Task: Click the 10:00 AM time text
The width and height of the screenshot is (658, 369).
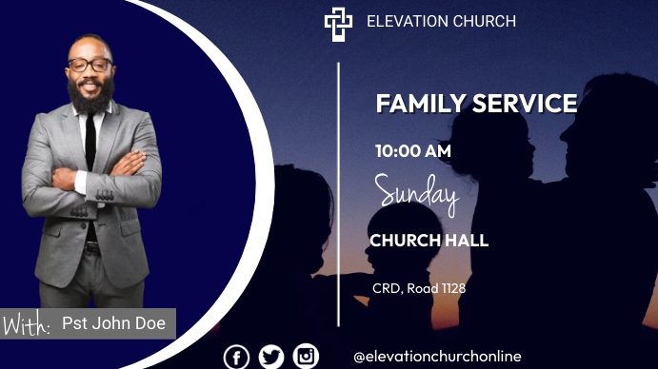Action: coord(412,150)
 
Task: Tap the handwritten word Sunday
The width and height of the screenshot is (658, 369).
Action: coord(416,193)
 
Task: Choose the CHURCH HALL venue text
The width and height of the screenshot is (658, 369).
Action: coord(429,241)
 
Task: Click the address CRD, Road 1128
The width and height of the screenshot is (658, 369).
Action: coord(418,287)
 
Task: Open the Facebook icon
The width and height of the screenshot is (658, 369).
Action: coord(236,357)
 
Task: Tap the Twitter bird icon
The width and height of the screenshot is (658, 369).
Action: coord(271,357)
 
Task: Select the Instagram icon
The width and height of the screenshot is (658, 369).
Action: coord(306,356)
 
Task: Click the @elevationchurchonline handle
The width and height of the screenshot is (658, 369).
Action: coord(437,357)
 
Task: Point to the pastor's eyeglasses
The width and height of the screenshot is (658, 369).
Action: coord(90,65)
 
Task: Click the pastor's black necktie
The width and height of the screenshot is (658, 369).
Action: coord(90,143)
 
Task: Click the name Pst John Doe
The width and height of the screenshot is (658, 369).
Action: coord(113,323)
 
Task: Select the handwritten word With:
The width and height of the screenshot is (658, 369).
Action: coord(27,325)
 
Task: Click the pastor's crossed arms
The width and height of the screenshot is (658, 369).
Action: coord(90,180)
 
